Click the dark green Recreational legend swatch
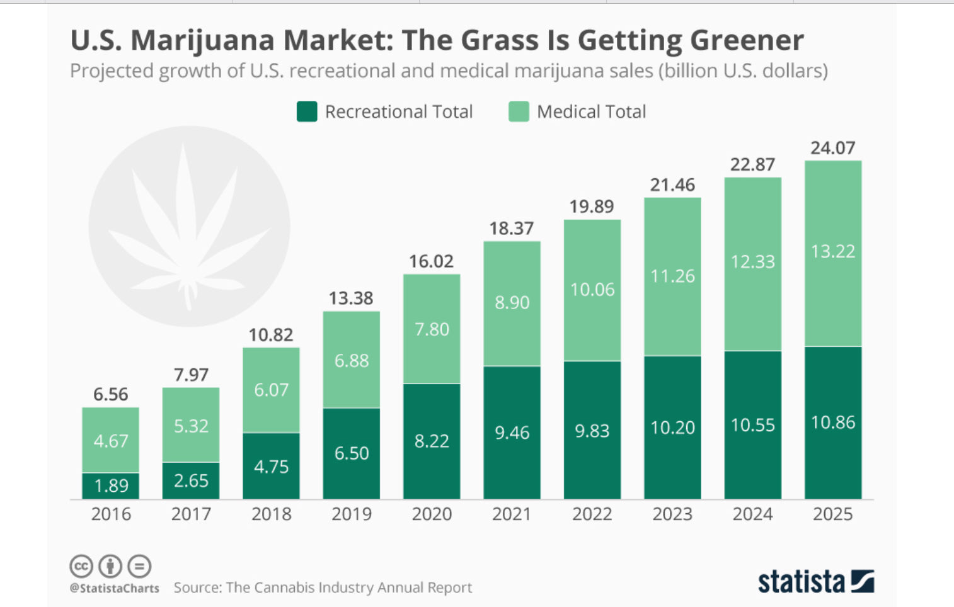[307, 112]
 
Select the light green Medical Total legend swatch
[519, 112]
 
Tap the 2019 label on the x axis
[352, 514]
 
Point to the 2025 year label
[832, 514]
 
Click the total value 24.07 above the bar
[832, 148]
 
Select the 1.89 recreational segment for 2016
[111, 485]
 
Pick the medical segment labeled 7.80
[432, 329]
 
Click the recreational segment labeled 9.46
[512, 433]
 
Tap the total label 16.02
[431, 261]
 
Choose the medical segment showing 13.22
[832, 252]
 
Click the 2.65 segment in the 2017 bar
[191, 480]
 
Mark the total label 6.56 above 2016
[111, 395]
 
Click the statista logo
[815, 581]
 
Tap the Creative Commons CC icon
[81, 567]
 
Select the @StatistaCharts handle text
[114, 588]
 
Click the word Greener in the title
[747, 40]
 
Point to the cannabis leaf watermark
[189, 227]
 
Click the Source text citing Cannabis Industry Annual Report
[323, 587]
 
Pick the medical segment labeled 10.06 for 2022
[592, 290]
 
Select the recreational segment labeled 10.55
[752, 425]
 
